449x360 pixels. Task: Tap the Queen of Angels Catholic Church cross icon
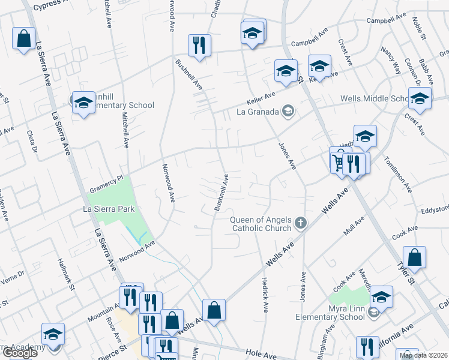(301, 224)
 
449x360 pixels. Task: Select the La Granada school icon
(289, 111)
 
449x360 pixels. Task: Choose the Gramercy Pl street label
(107, 178)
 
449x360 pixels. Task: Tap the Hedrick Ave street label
(265, 294)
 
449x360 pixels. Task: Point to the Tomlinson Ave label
(398, 175)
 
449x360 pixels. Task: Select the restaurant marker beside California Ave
(367, 347)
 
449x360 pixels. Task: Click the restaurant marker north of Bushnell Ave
(198, 45)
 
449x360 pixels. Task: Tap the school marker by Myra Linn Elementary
(381, 296)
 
